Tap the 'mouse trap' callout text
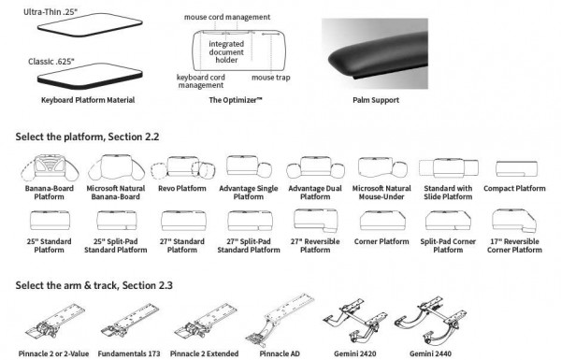coord(269,78)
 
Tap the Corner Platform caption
coord(381,241)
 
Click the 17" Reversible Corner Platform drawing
coord(515,220)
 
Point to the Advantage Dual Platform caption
coord(312,193)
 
